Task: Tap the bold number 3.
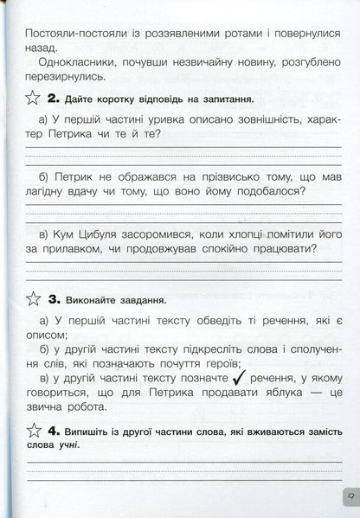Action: tap(54, 301)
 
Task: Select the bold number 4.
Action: tap(54, 430)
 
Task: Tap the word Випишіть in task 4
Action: tap(92, 430)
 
